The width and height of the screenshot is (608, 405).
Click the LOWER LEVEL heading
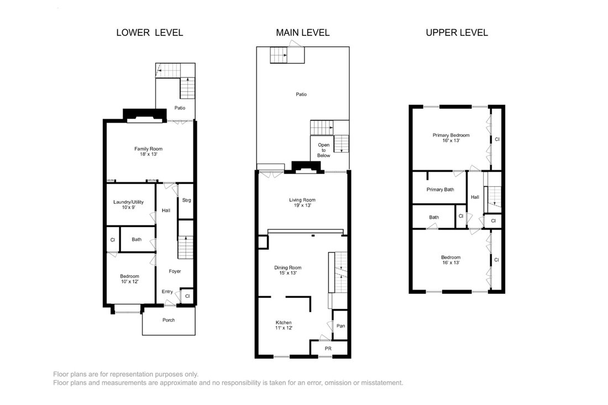150,33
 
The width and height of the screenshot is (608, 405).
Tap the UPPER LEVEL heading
457,33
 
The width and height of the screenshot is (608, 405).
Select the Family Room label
149,151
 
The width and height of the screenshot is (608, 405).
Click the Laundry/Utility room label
128,204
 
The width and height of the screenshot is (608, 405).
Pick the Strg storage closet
186,201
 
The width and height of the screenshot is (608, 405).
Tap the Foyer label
175,271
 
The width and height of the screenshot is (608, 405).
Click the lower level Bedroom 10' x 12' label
129,278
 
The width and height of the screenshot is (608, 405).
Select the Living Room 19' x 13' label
302,202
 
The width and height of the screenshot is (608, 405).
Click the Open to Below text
324,150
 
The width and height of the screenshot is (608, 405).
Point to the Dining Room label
288,270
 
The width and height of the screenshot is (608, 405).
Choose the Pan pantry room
340,325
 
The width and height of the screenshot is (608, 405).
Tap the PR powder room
328,349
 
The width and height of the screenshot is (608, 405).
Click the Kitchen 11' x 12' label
284,325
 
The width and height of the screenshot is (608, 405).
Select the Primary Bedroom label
451,138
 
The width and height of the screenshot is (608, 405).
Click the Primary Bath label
440,190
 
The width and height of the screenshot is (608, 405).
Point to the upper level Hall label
475,197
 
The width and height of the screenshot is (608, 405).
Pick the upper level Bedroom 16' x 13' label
450,260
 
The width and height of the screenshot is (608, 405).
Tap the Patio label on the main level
301,94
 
